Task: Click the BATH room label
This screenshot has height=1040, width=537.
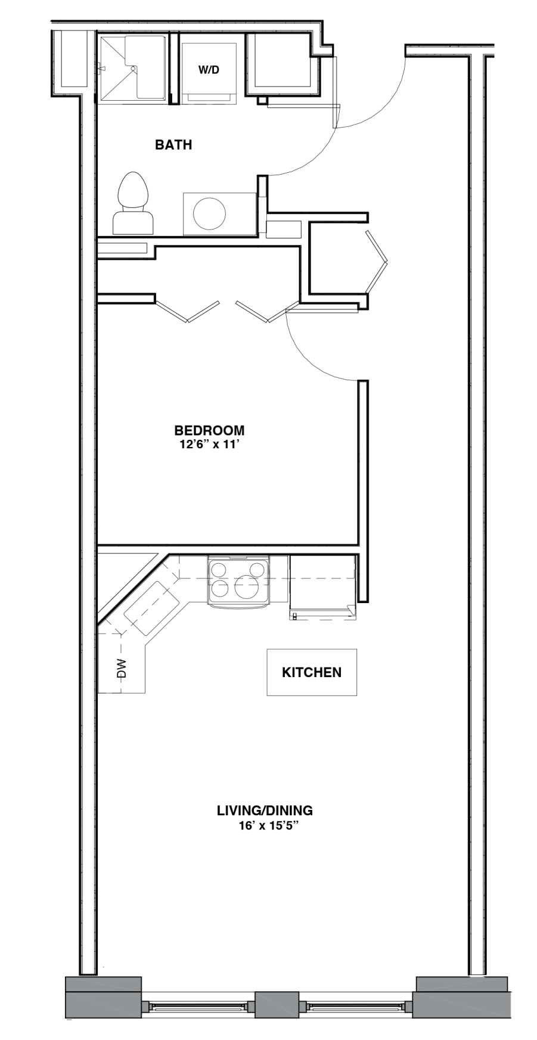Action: (173, 145)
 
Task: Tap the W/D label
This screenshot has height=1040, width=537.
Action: (209, 70)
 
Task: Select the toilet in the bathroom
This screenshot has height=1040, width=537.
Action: (133, 203)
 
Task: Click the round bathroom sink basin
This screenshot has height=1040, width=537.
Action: (210, 213)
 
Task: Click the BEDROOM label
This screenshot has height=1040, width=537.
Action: (209, 430)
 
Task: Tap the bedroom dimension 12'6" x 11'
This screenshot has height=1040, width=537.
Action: (209, 444)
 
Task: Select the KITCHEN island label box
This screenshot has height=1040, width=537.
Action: (312, 672)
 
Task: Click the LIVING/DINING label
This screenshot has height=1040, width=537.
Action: (265, 811)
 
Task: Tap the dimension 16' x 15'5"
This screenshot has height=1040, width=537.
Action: (268, 826)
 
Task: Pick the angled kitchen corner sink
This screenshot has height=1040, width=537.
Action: (151, 609)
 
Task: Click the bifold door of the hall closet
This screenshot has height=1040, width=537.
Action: (377, 262)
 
